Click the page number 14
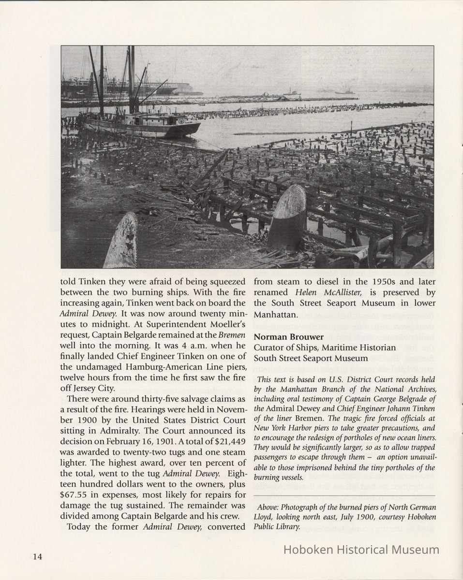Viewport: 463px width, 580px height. coord(37,556)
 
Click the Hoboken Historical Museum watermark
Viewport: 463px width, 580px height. coord(361,550)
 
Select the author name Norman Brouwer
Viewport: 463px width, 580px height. coord(289,337)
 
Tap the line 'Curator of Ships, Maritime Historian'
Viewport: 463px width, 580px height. coord(325,348)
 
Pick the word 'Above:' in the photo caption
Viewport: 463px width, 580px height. coord(269,507)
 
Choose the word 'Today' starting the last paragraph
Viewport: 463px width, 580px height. coord(79,526)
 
